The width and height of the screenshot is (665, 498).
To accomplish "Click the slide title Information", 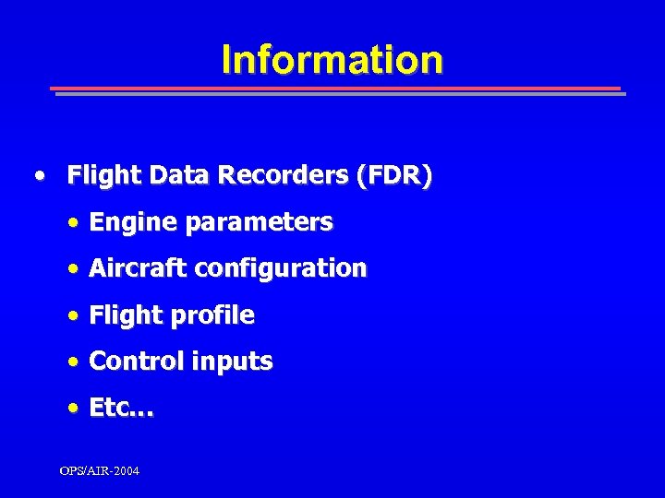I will tap(332, 60).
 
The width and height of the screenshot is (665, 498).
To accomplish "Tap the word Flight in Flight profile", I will tap(124, 315).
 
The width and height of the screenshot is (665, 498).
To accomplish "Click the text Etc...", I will tap(121, 409).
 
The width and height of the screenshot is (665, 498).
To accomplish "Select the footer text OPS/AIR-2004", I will tap(100, 471).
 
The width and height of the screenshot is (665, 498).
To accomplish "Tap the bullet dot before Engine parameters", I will tap(73, 223).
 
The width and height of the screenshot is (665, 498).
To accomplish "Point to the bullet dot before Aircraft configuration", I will tap(73, 269).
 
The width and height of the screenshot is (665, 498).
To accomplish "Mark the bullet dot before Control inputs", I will tap(73, 362).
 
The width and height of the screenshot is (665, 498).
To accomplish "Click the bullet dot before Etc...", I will tap(73, 409).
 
